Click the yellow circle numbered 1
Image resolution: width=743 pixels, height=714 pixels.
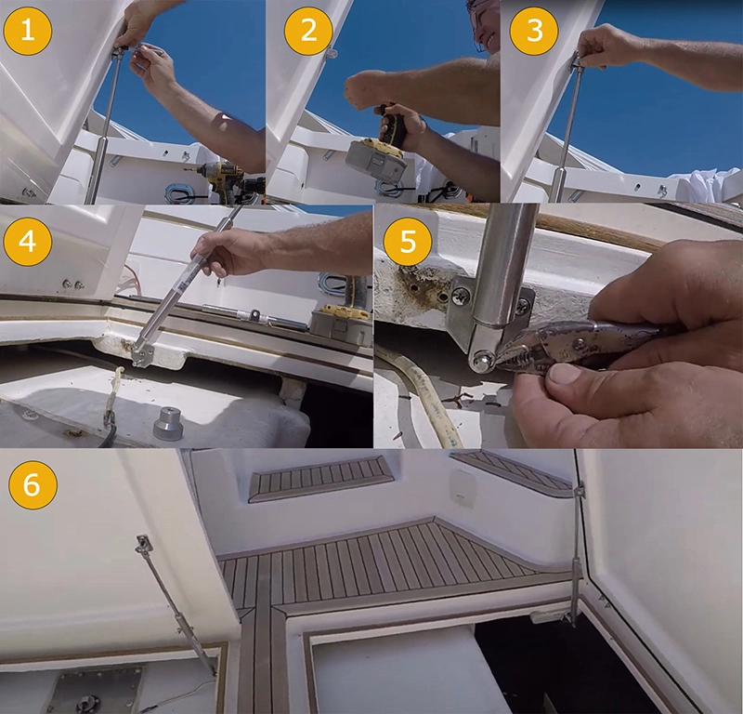pos(28,31)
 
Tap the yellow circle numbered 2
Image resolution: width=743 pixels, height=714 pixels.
pos(308,31)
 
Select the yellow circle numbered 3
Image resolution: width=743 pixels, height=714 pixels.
pos(534,31)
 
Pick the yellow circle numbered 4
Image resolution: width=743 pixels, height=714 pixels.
pos(28,242)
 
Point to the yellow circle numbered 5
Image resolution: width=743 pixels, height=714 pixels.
pos(408,242)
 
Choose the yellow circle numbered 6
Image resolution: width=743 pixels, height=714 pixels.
pos(33,485)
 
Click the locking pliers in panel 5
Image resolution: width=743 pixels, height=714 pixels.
pos(583,344)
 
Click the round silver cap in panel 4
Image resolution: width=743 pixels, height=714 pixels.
pos(168,423)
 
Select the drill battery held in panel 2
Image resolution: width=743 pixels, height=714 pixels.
pos(376,159)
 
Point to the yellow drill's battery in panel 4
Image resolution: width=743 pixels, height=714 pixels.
pos(339,326)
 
